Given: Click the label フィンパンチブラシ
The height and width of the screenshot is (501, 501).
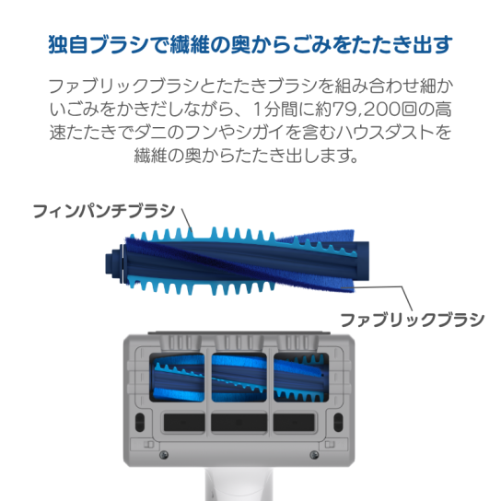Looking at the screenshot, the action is (104, 211).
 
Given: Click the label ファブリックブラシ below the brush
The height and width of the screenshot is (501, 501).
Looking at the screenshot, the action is (413, 320).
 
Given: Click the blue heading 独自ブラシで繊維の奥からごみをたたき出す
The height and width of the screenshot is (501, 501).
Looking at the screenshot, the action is (250, 44).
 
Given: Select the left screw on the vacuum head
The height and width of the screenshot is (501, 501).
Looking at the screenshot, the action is (164, 455).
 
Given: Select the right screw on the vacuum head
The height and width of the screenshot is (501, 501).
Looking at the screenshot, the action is (314, 455).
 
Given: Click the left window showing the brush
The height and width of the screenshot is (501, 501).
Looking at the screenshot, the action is (177, 378).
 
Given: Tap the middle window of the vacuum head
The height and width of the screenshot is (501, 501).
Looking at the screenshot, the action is (239, 378).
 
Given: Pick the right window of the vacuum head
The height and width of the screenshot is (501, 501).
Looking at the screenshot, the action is (301, 378).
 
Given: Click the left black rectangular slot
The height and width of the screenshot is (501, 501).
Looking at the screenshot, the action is (184, 423).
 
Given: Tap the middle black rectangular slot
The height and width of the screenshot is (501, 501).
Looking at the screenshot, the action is (239, 423).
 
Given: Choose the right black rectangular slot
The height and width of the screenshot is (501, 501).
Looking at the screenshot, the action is (294, 423).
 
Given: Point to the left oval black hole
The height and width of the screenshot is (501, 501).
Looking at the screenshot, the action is (140, 422).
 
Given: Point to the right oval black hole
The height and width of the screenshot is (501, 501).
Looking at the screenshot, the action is (338, 422).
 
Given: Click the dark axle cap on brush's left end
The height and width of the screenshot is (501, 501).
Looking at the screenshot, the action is (114, 263).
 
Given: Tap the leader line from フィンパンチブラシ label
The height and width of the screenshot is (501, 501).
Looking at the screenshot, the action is (187, 220).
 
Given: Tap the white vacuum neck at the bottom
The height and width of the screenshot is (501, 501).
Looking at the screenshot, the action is (237, 484).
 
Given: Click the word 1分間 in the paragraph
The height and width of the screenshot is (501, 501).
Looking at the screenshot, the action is (274, 110).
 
